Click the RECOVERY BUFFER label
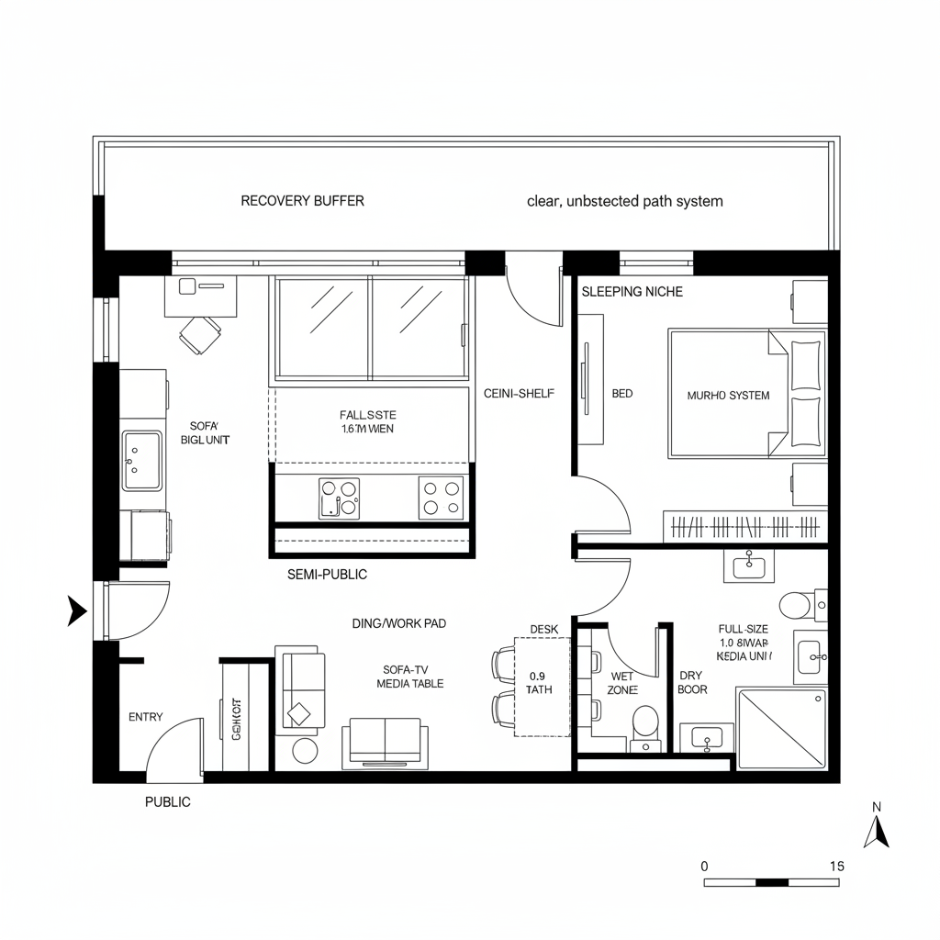[x=302, y=201]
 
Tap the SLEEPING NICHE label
[x=632, y=291]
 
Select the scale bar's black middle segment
[x=771, y=882]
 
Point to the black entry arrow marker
[x=77, y=610]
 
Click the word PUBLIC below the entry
[x=168, y=802]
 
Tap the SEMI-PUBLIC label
[x=327, y=575]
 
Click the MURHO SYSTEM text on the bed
[x=728, y=396]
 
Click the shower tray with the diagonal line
[x=781, y=729]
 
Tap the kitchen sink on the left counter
[x=141, y=461]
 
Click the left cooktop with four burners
[x=339, y=498]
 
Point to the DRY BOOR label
[x=692, y=682]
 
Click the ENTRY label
[x=146, y=717]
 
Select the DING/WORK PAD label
[x=399, y=623]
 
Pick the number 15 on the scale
[x=836, y=866]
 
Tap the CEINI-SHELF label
[x=520, y=393]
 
